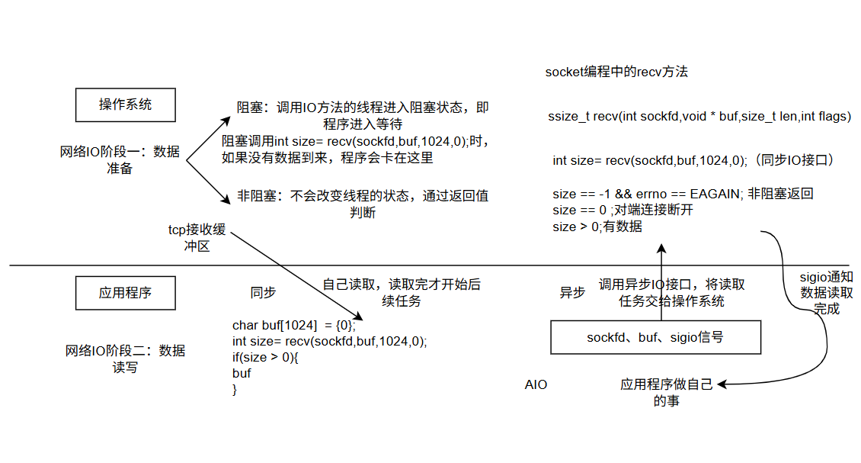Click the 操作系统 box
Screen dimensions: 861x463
(125, 104)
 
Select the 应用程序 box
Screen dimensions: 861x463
(125, 292)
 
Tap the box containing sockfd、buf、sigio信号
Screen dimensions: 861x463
(655, 337)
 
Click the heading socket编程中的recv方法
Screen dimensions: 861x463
(616, 72)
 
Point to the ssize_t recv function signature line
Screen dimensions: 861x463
(699, 117)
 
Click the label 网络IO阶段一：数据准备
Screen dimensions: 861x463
(120, 159)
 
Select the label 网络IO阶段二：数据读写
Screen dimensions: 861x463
(125, 359)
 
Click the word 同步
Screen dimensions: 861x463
(263, 292)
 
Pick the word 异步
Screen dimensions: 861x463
(572, 292)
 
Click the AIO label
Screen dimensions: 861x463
(536, 384)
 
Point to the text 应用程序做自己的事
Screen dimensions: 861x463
(666, 392)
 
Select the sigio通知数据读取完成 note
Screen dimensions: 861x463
(826, 293)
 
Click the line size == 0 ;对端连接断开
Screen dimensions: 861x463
(623, 210)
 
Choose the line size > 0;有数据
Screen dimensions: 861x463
(597, 227)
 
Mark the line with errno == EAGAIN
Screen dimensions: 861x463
(683, 194)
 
